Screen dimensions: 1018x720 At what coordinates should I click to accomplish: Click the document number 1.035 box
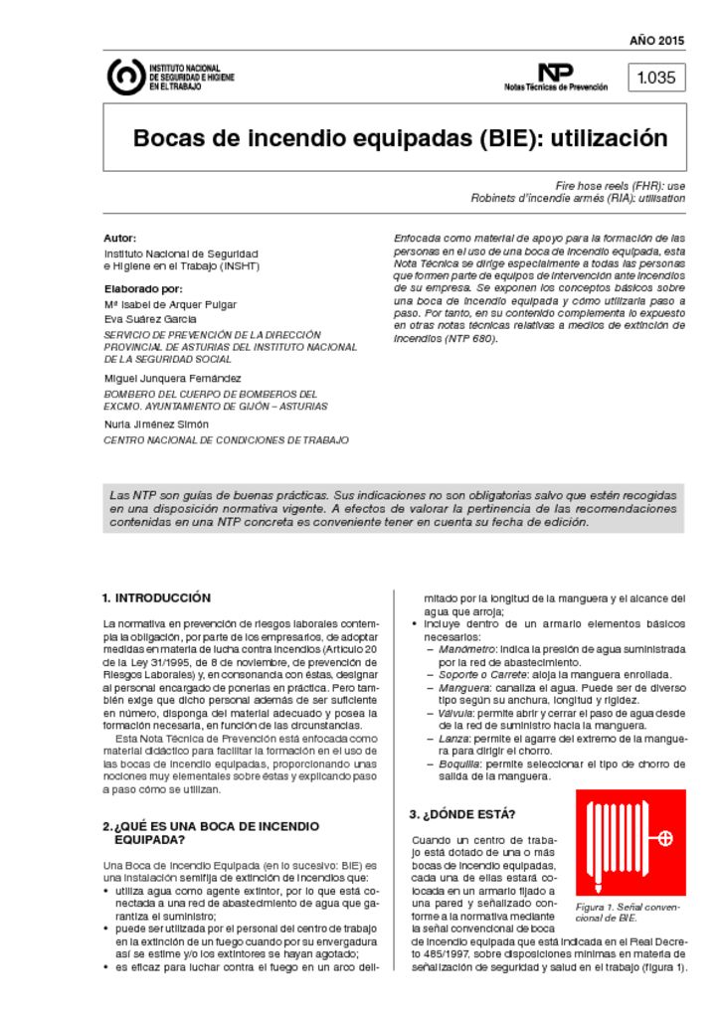tap(655, 78)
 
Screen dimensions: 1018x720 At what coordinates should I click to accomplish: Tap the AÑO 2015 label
tap(656, 41)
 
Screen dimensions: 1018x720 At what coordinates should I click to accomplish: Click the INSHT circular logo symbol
tap(125, 78)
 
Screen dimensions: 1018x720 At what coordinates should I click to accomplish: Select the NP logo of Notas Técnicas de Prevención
tap(556, 72)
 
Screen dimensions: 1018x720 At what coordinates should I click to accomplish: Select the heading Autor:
tap(119, 239)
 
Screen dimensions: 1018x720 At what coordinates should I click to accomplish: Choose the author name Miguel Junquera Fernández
tap(172, 379)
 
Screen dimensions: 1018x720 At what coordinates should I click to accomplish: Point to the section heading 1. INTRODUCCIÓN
tap(156, 598)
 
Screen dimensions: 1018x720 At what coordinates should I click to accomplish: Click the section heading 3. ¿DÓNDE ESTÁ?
tap(462, 814)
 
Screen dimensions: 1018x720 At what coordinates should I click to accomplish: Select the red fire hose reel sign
tap(630, 841)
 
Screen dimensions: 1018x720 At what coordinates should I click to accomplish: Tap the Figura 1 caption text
tap(627, 913)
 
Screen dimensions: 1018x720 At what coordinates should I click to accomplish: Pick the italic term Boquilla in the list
tap(460, 763)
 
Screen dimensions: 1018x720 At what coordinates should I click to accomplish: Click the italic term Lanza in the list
tap(453, 739)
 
